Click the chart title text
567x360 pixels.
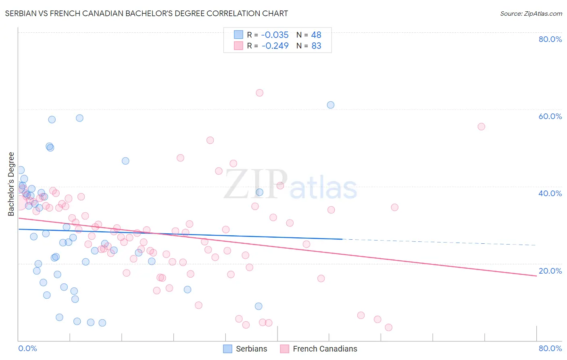(146, 13)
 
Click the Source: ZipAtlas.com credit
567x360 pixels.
(531, 13)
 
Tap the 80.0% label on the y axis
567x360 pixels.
(550, 39)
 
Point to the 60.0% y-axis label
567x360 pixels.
(550, 116)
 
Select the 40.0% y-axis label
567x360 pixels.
(550, 193)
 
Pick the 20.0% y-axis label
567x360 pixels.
(550, 271)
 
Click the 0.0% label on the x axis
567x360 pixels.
(27, 348)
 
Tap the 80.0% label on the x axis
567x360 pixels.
(550, 348)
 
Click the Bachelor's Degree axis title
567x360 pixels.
(11, 184)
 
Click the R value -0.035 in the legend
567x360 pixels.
(275, 35)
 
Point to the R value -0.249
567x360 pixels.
(275, 46)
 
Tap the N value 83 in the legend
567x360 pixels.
(316, 46)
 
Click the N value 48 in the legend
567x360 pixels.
(316, 35)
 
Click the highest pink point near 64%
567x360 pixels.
(260, 93)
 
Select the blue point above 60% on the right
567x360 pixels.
(331, 105)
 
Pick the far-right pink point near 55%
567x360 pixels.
(481, 127)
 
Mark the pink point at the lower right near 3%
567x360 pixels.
(389, 327)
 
